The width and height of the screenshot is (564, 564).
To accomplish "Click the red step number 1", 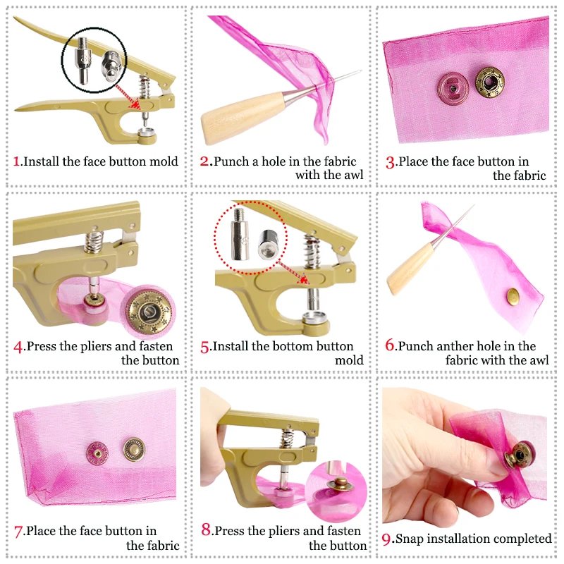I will click(x=17, y=161).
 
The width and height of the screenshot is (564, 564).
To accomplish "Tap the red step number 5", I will click(x=205, y=347).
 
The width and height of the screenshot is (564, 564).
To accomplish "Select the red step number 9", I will click(x=386, y=539).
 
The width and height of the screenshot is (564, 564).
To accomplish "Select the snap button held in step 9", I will click(x=520, y=455).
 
